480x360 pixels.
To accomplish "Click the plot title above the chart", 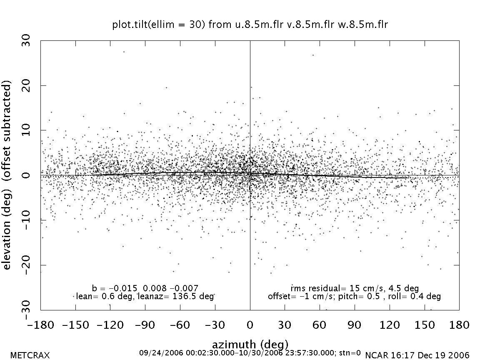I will pos(250,25).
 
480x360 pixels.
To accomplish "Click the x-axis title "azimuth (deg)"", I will pos(250,345).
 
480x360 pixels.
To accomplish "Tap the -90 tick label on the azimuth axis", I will pos(145,325).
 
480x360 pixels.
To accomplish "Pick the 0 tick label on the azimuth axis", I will pos(250,325).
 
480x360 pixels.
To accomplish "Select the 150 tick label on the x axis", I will pos(424,325).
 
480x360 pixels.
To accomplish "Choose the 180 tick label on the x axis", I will pos(458,325).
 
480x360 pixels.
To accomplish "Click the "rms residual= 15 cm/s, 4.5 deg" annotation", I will pos(355,288).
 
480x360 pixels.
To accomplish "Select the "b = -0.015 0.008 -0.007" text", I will pos(145,288).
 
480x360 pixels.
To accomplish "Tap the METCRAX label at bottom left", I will pos(30,355).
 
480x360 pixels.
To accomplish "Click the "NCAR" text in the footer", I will pos(375,355).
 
